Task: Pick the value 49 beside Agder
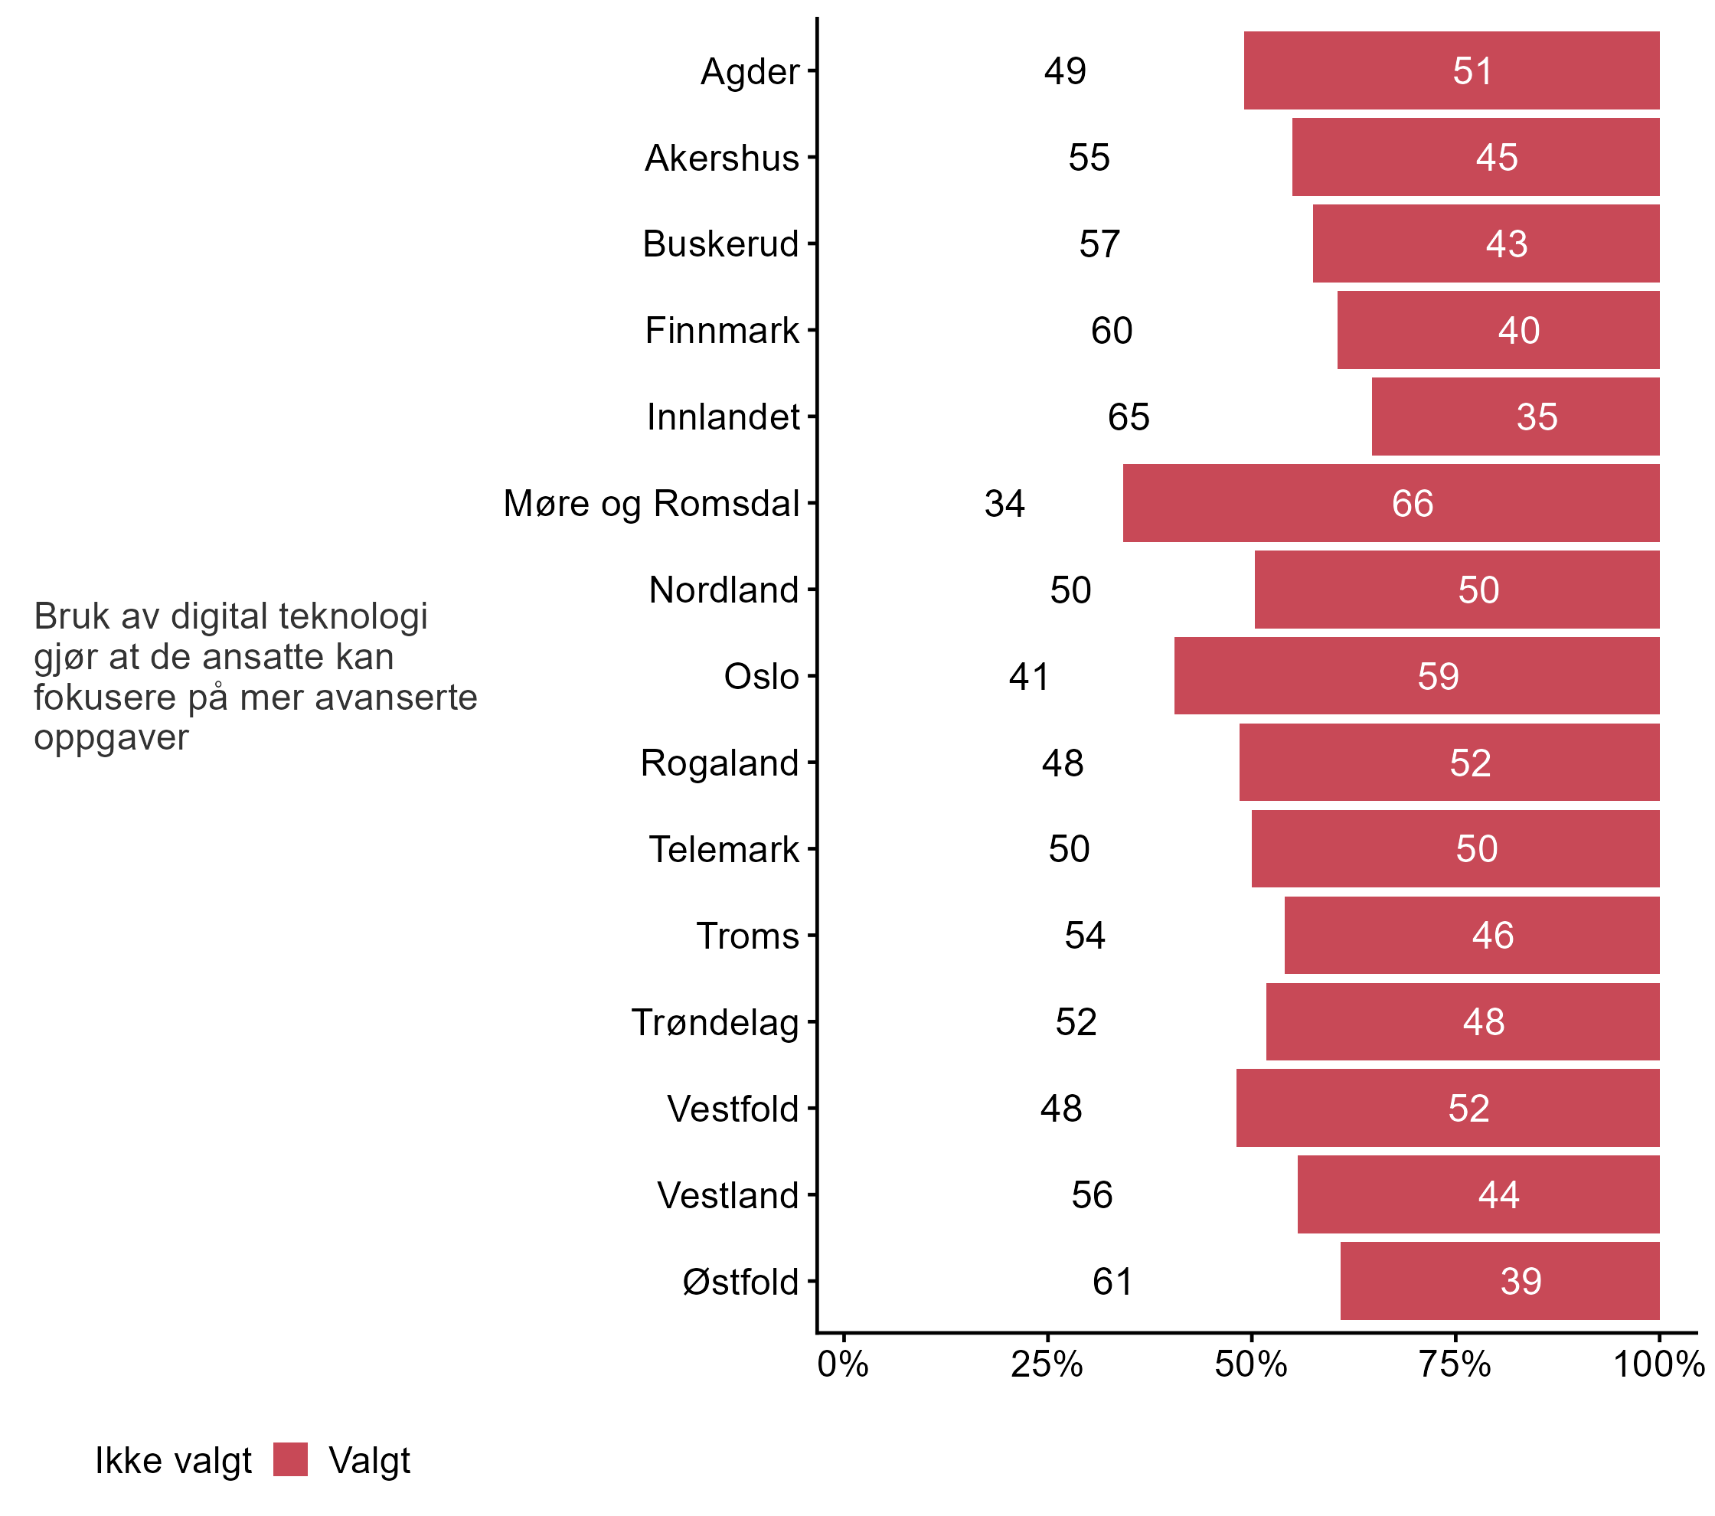click(1065, 71)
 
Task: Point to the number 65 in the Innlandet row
click(1129, 417)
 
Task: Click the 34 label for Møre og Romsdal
click(1004, 503)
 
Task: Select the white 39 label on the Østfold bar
click(1521, 1281)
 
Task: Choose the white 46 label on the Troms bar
click(1493, 936)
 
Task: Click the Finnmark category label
click(721, 331)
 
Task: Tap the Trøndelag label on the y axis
click(715, 1023)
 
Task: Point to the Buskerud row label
click(720, 244)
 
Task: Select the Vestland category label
click(727, 1195)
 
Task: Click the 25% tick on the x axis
click(1047, 1365)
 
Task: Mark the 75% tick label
click(1454, 1365)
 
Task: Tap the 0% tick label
click(842, 1365)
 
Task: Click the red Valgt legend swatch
click(290, 1459)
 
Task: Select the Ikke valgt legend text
click(173, 1461)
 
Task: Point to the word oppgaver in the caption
click(111, 737)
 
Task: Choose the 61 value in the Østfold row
click(1112, 1281)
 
